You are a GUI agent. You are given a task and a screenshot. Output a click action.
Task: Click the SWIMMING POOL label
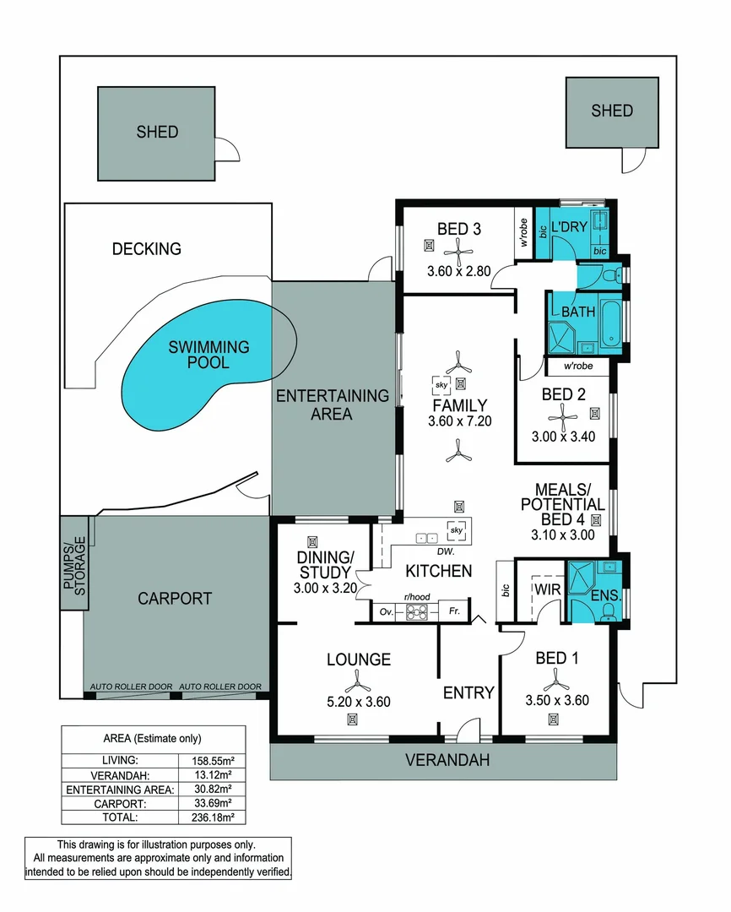click(208, 355)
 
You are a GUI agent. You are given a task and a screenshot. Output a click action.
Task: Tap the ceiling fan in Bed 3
click(458, 253)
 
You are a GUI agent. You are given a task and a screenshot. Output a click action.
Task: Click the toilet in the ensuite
click(609, 611)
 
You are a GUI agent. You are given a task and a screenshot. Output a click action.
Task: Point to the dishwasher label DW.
click(446, 551)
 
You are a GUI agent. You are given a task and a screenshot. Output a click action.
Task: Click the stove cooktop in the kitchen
click(416, 612)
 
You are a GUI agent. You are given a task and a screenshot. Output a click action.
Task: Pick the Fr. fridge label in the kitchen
click(454, 611)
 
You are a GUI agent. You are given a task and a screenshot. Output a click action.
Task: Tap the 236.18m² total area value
click(213, 817)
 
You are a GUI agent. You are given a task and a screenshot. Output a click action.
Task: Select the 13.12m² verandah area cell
click(213, 774)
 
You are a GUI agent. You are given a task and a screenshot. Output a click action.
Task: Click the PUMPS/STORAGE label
click(75, 565)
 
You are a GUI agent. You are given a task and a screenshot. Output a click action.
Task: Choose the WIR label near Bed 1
click(547, 589)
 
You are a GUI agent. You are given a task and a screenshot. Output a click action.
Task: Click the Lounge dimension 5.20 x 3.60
click(359, 702)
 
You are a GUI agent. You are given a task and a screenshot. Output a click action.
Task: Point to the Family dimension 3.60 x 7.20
click(460, 421)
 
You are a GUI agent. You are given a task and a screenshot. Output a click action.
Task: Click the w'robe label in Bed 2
click(578, 366)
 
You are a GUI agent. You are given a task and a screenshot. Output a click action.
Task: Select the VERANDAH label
click(447, 760)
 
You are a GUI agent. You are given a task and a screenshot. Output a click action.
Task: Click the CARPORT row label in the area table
click(120, 804)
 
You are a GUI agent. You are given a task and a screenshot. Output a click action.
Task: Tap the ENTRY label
click(468, 692)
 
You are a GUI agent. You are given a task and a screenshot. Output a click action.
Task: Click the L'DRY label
click(569, 227)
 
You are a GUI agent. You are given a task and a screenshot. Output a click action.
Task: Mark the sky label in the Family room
click(441, 384)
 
